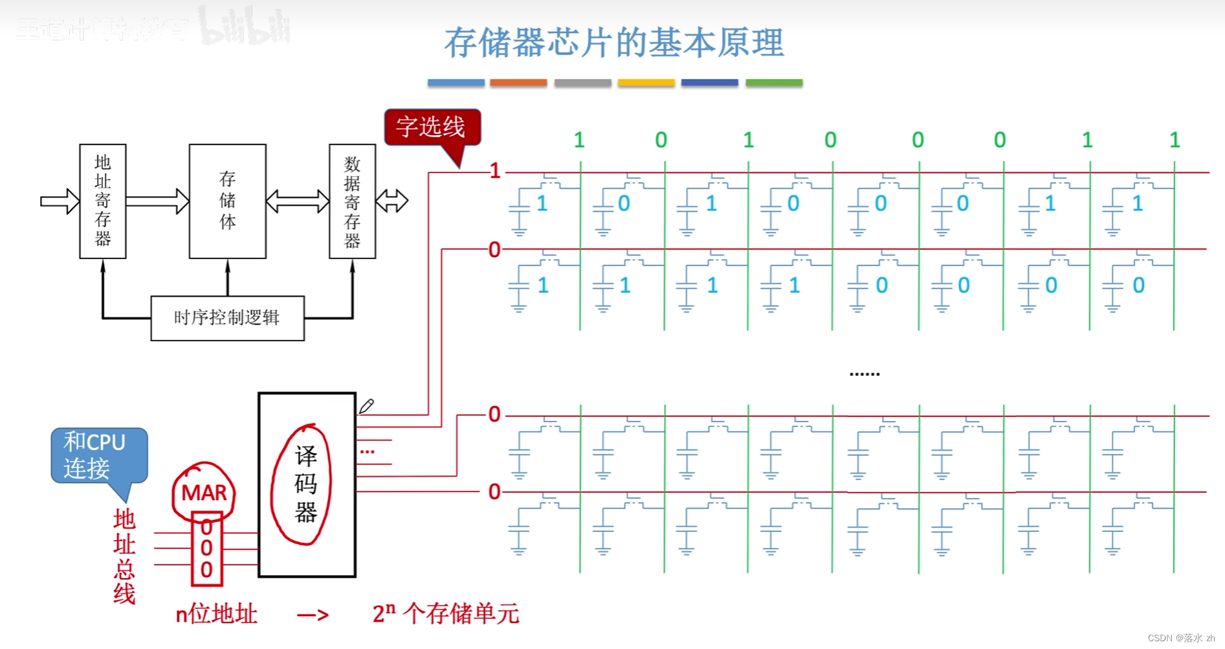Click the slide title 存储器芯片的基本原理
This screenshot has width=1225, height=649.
coord(613,43)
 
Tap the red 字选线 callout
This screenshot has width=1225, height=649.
coord(432,127)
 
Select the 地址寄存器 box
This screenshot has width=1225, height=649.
coord(103,201)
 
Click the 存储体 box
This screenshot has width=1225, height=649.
coord(227,201)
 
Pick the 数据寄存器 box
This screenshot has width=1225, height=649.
coord(352,201)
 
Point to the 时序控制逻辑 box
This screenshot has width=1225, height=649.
coord(227,318)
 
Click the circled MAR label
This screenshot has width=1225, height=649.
coord(204,493)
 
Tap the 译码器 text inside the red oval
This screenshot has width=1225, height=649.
coord(305,484)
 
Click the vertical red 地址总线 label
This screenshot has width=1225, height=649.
coord(124,556)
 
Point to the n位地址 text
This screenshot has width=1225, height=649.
coord(217,614)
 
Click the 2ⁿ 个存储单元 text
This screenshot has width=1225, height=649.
coord(446,614)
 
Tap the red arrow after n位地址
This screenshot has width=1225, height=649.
coord(313,615)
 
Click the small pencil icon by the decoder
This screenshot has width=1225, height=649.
coord(366,406)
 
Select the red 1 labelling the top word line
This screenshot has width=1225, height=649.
coord(495,171)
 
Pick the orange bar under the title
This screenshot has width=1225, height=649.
coord(518,83)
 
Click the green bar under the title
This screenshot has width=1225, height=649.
coord(774,83)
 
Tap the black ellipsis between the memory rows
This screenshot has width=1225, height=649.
coord(865,374)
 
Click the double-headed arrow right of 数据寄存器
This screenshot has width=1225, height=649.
coord(392,201)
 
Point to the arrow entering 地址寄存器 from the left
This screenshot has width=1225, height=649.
coord(60,201)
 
